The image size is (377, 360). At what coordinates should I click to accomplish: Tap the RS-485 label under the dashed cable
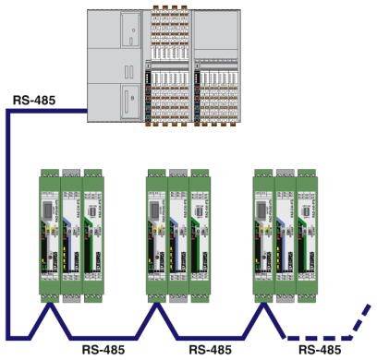tap(317, 350)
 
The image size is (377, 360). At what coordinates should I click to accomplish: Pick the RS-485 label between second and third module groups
tap(210, 350)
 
